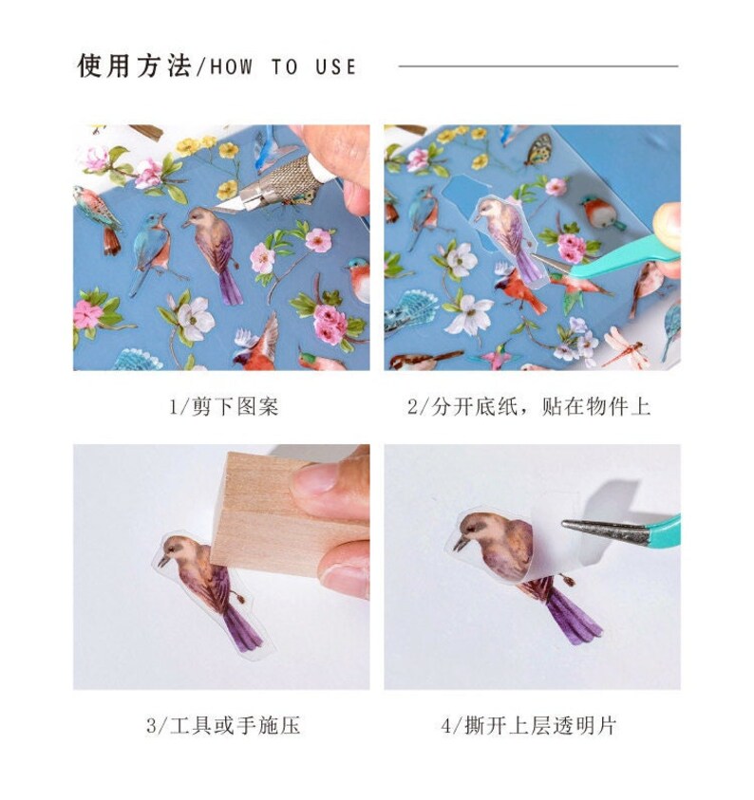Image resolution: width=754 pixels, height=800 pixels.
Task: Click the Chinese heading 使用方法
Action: point(133,66)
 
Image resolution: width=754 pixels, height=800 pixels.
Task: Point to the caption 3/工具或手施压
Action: point(223,726)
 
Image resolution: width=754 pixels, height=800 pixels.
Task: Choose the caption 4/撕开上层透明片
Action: point(529,726)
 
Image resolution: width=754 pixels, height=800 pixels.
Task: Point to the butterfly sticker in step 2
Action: point(538,148)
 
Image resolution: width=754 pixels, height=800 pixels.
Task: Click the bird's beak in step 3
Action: point(162,562)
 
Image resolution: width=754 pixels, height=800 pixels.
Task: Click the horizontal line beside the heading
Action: point(537,66)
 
